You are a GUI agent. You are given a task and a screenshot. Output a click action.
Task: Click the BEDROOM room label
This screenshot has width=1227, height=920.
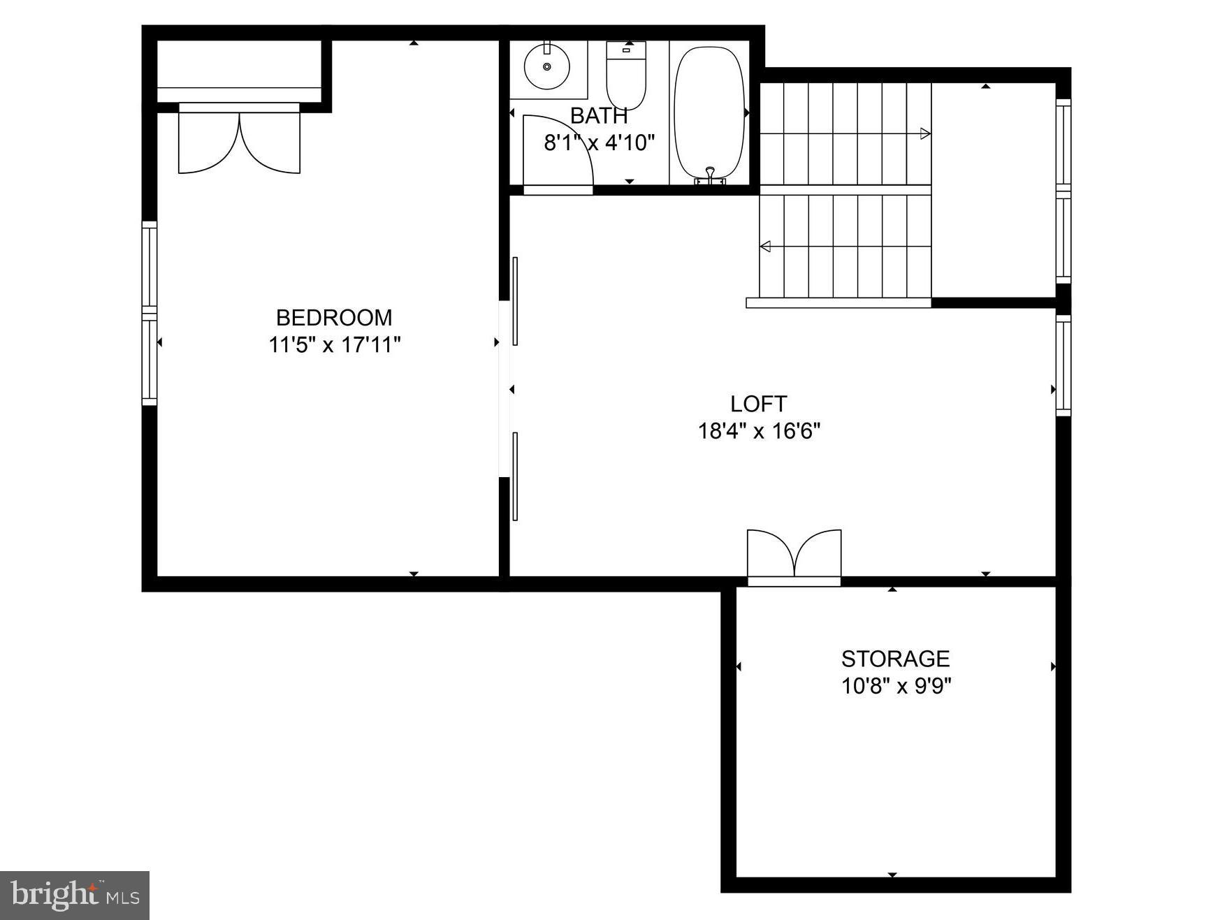point(334,318)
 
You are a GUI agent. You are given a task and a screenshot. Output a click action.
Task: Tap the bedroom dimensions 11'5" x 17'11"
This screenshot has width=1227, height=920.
point(335,345)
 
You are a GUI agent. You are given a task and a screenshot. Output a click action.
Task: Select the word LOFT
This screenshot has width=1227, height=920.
point(758,404)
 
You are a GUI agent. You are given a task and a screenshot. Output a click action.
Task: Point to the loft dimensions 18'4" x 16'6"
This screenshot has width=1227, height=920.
point(759,431)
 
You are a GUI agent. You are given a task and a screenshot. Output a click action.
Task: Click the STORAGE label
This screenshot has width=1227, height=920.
point(895,659)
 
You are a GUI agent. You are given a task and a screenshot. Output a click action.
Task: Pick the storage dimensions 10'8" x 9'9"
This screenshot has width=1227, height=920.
point(896,686)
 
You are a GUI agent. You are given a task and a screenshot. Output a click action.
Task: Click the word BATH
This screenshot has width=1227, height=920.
point(599,116)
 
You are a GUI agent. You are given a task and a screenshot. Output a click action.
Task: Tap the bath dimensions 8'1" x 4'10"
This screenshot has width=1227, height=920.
point(600,143)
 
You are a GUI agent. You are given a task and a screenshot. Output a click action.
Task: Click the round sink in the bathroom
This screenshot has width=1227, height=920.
point(547,66)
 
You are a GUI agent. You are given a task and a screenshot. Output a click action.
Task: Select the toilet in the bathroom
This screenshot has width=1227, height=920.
point(626,77)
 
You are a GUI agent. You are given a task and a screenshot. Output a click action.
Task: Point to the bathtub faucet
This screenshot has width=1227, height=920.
point(710,175)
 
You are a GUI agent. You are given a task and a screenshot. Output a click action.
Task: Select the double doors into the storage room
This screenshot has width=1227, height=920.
point(794,555)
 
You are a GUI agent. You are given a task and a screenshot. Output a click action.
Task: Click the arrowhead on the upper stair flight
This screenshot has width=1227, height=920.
point(925,133)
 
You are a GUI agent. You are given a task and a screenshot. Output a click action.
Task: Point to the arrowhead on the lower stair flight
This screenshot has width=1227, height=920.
point(765,246)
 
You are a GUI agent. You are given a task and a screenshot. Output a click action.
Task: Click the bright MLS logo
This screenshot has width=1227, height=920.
point(75,895)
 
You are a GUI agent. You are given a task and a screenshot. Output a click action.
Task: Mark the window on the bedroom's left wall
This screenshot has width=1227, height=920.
point(150,313)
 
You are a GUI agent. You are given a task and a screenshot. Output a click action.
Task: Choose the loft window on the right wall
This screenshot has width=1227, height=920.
point(1063,365)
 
